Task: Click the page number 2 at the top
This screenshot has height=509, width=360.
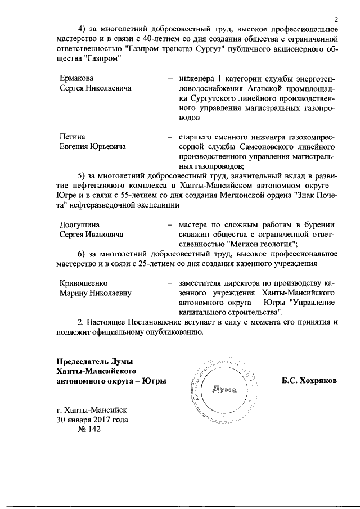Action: (335, 21)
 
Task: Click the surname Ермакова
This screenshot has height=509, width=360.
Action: (76, 78)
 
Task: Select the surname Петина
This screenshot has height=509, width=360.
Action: (72, 136)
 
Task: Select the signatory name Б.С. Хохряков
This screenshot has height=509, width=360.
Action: (309, 381)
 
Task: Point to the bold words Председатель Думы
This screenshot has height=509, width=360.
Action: (92, 361)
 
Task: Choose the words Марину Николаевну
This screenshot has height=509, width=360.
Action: (95, 293)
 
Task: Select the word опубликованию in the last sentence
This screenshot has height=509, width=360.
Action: (170, 332)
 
